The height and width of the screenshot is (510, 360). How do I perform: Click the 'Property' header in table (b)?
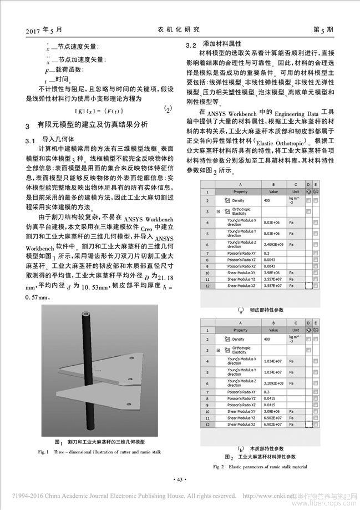(x=240, y=329)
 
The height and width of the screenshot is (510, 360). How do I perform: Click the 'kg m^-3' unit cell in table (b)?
(x=296, y=339)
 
